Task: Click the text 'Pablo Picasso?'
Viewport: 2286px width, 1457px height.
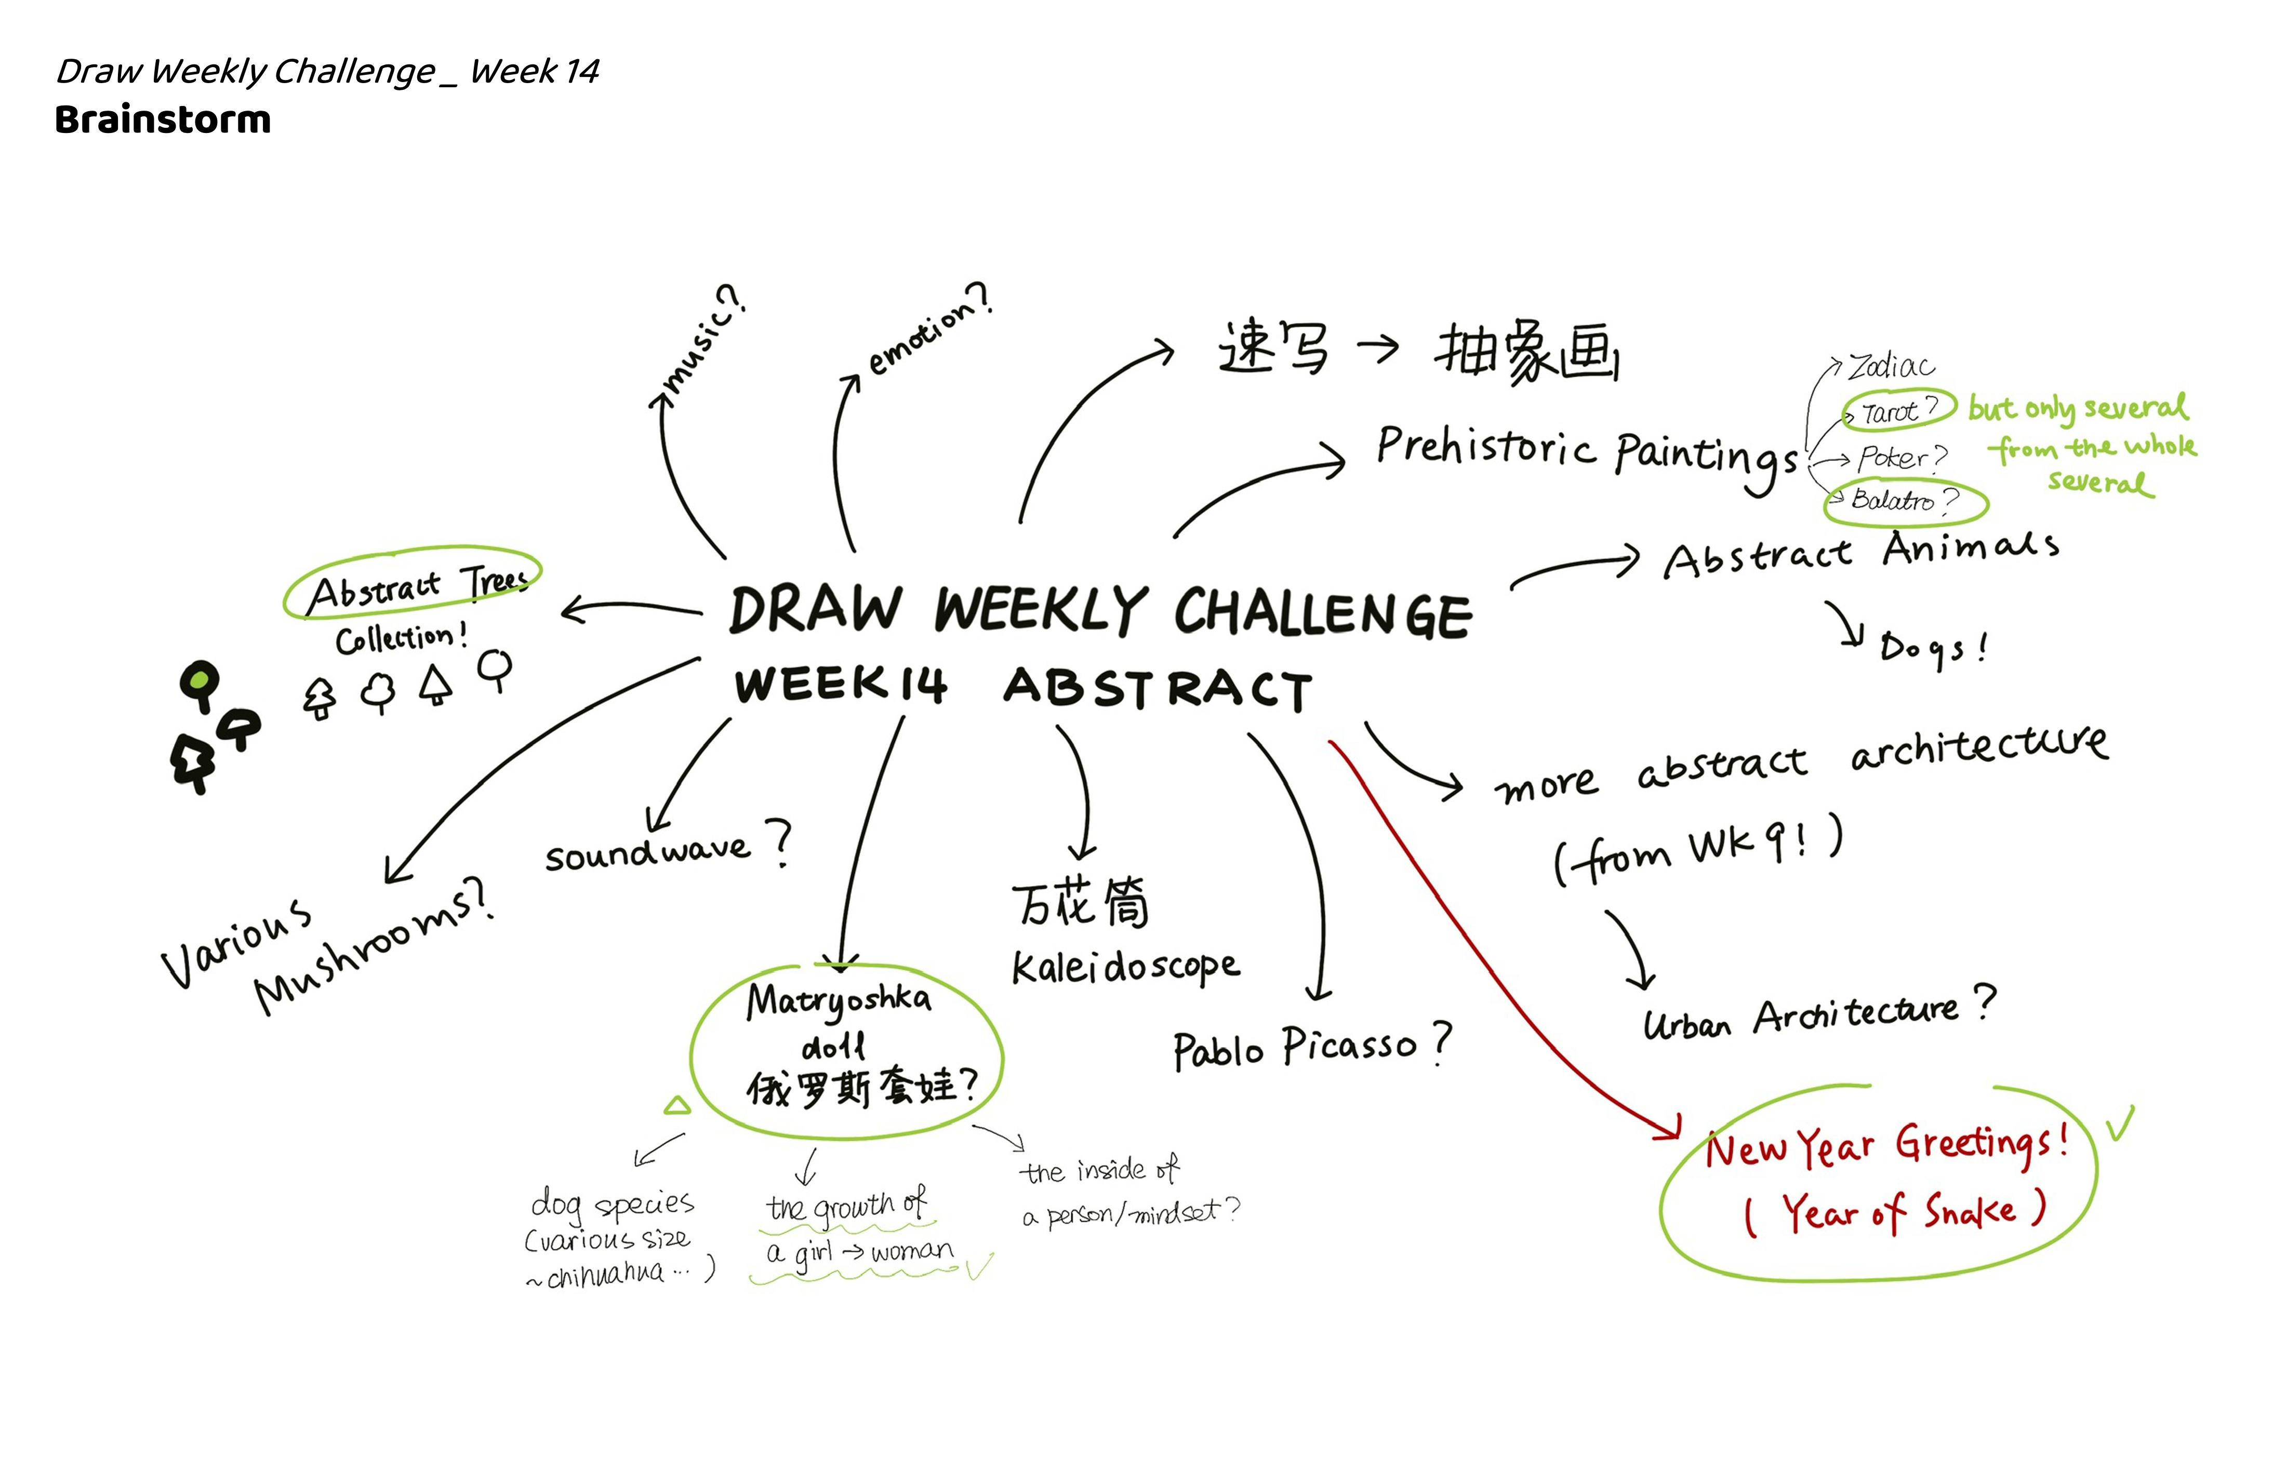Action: [x=1310, y=1046]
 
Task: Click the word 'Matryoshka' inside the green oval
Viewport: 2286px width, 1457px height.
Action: [x=838, y=999]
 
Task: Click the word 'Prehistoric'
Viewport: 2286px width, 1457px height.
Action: [x=1486, y=446]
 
